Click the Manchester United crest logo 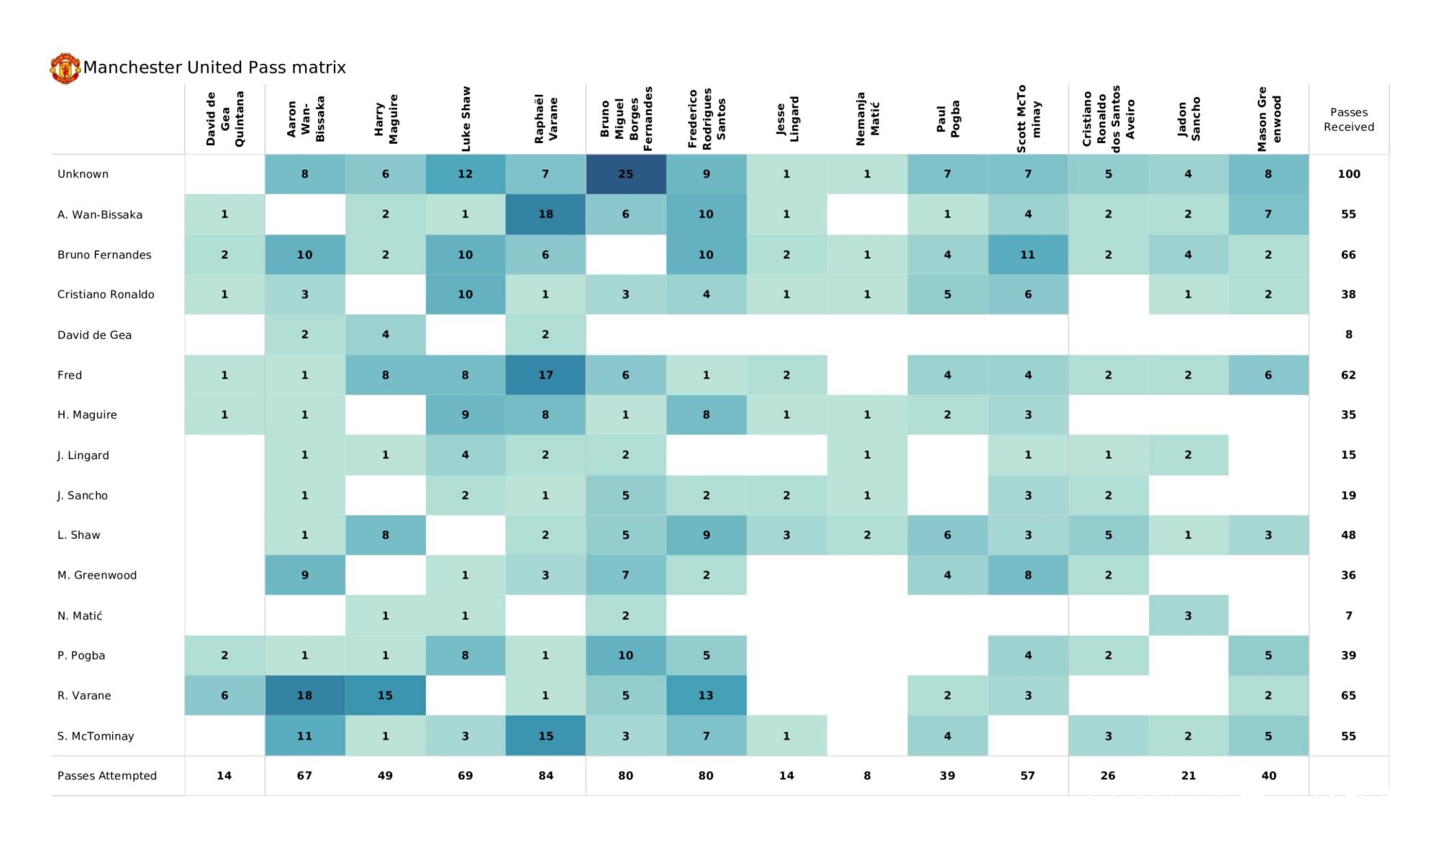[65, 68]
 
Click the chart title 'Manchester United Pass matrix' [214, 68]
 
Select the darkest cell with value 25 [625, 174]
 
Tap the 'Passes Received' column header [1348, 119]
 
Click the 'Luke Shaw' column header [465, 119]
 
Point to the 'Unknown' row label [83, 174]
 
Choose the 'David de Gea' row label [94, 335]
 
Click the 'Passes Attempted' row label [107, 776]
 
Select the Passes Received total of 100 [1348, 174]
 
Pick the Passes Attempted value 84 [546, 776]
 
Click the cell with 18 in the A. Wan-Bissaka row [546, 214]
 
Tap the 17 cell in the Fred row [546, 375]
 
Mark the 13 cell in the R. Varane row [706, 695]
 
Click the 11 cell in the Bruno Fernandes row [1027, 254]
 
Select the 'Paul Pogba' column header [947, 119]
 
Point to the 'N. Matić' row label [80, 616]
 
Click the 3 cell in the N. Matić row [1188, 616]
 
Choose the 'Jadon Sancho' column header [1188, 119]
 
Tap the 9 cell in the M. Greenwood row [304, 575]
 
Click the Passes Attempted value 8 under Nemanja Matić [867, 776]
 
